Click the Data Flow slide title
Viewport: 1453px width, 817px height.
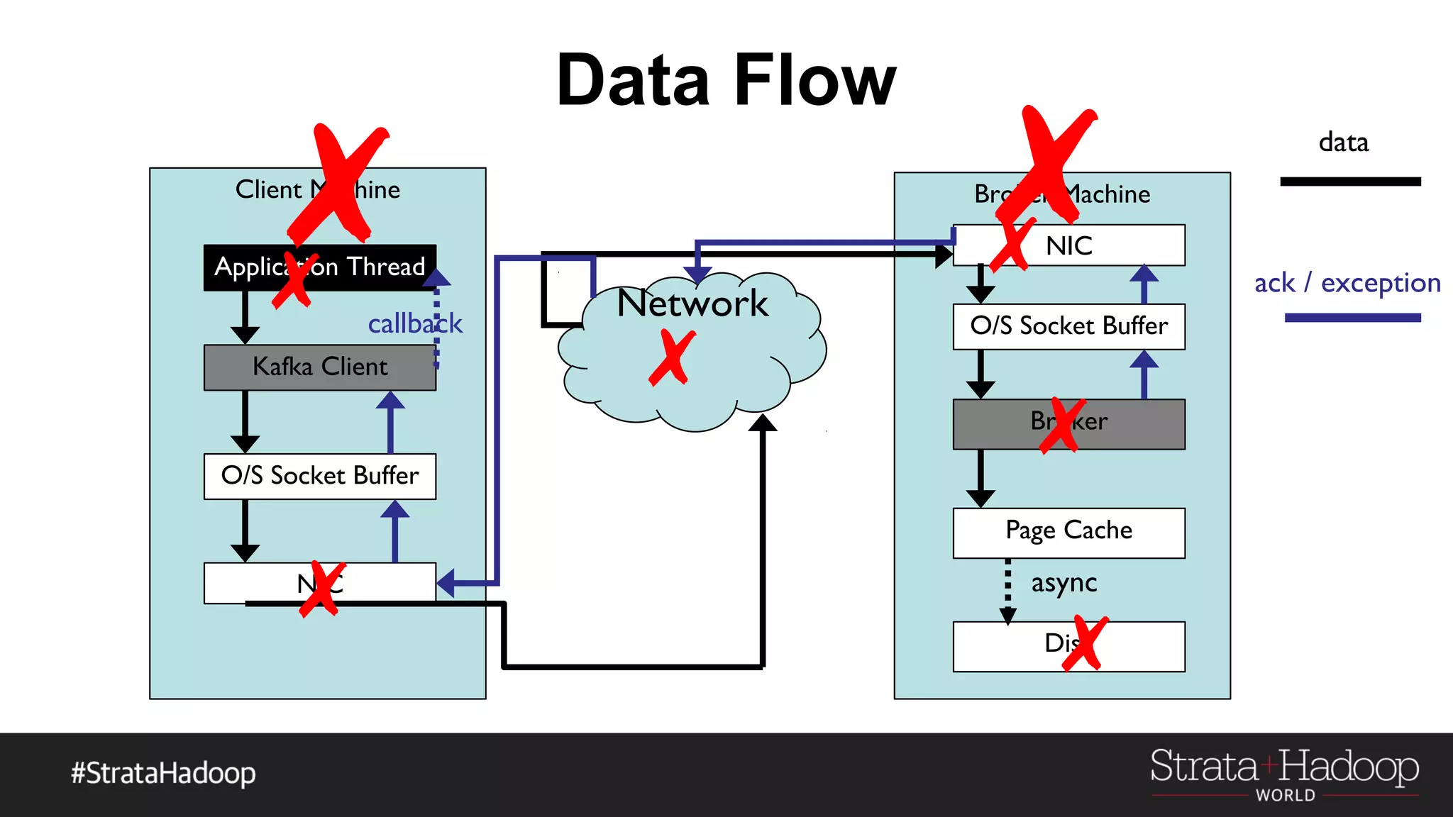coord(726,80)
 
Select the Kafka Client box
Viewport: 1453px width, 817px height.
coord(319,367)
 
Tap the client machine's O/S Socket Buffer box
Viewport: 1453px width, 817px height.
coord(319,476)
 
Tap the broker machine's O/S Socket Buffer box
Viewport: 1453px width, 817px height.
coord(1068,326)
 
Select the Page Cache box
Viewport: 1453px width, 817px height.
coord(1068,532)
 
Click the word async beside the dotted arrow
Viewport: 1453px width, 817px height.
coord(1063,583)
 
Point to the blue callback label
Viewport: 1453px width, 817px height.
coord(414,324)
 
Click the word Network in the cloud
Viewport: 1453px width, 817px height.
coord(692,304)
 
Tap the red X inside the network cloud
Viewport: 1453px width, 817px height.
coord(670,358)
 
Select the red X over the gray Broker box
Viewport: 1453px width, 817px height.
coord(1062,425)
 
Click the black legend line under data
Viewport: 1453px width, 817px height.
coord(1350,182)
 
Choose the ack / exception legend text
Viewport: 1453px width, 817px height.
coord(1347,283)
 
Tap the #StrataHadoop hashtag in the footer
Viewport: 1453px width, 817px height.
coord(163,773)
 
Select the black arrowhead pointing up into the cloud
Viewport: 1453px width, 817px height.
coord(763,423)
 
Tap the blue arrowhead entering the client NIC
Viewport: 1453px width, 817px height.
coord(446,584)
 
